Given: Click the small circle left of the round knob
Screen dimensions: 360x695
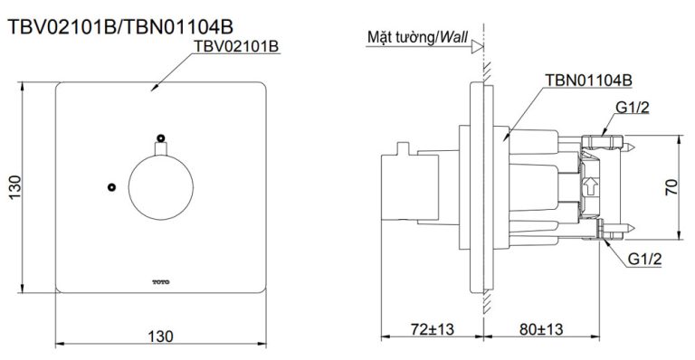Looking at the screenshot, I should pyautogui.click(x=110, y=187).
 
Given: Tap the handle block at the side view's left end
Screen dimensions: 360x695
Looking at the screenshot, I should pyautogui.click(x=399, y=185).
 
